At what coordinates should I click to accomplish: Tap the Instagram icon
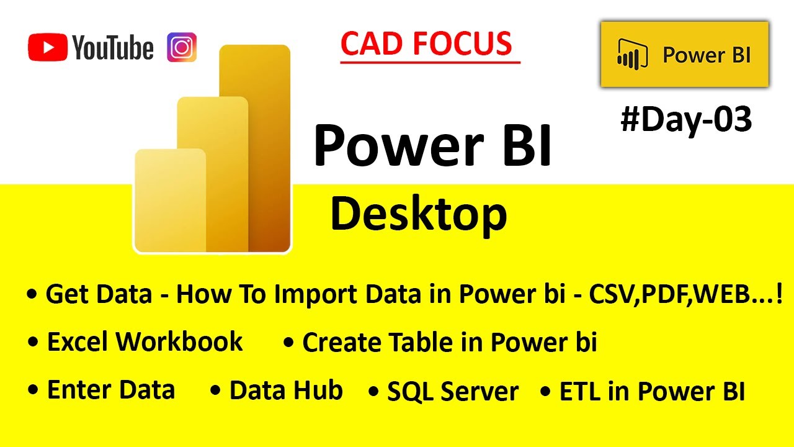[182, 47]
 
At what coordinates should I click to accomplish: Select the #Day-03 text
[686, 119]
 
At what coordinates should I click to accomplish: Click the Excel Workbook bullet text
[145, 342]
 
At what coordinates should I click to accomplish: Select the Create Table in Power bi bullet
[449, 343]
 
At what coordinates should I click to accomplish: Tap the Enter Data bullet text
[110, 391]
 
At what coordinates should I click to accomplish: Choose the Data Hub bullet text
[285, 391]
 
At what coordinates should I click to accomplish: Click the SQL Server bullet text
[452, 392]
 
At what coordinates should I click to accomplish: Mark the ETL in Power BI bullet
[651, 392]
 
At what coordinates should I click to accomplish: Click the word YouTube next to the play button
[113, 48]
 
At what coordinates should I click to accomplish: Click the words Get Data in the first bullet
[99, 294]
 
